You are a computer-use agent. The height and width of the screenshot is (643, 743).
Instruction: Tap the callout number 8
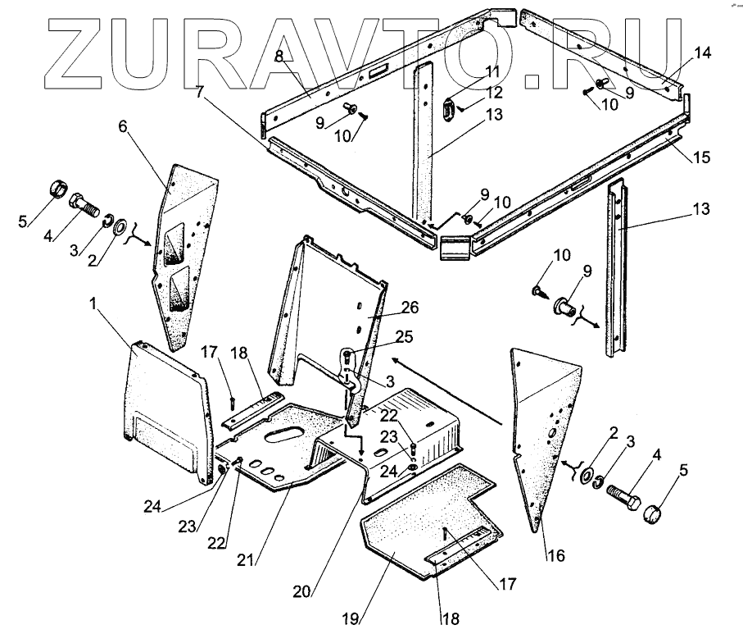[279, 57]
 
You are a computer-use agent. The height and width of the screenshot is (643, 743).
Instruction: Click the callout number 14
[703, 54]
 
